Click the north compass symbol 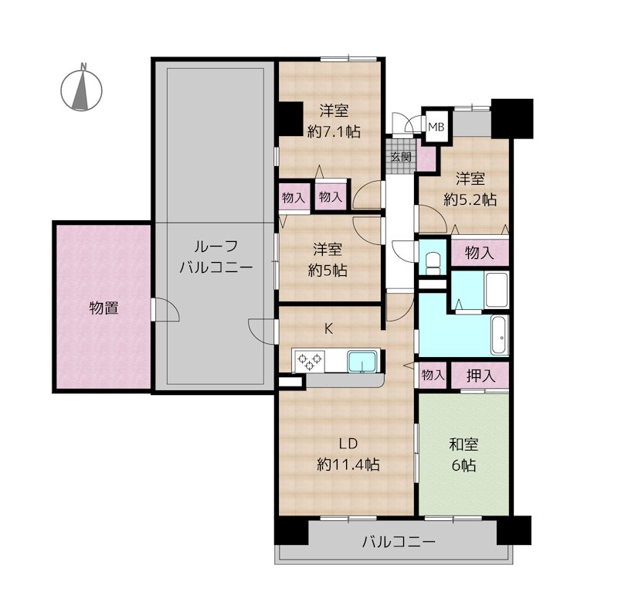point(81,89)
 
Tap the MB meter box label point(436,127)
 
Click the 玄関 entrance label point(401,157)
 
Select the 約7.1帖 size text point(334,131)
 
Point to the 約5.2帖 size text point(470,199)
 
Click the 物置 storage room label point(104,308)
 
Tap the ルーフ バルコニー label point(216,257)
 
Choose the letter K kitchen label point(328,328)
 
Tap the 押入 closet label point(480,376)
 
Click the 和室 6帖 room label point(463,454)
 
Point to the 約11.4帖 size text point(348,465)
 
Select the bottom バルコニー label point(399,542)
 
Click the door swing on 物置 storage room point(165,310)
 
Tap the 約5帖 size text point(328,271)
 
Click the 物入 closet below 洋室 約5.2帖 point(480,253)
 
